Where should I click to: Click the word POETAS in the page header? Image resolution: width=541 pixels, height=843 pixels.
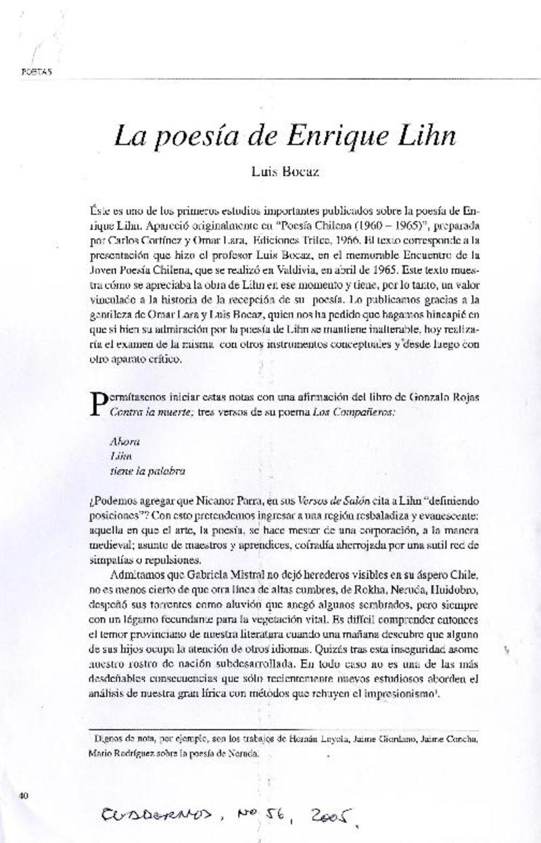tap(37, 70)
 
